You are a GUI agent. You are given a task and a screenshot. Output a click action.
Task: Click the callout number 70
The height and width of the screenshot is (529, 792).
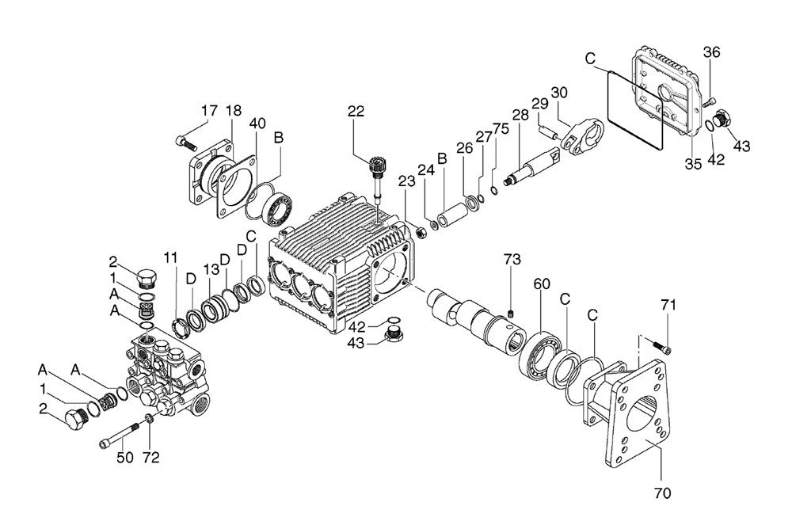click(x=662, y=493)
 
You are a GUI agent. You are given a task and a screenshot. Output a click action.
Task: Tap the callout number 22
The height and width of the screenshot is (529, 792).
click(x=356, y=111)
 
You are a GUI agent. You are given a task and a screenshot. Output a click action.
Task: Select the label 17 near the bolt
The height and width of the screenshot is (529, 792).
click(x=210, y=110)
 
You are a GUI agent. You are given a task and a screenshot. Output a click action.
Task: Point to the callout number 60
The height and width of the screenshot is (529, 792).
click(x=541, y=284)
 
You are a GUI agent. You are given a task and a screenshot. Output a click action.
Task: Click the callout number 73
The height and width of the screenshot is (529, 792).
click(x=512, y=259)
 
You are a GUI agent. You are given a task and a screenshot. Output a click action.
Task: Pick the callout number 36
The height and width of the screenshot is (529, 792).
click(x=712, y=52)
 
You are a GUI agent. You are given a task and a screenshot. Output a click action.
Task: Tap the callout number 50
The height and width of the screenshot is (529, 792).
click(x=125, y=457)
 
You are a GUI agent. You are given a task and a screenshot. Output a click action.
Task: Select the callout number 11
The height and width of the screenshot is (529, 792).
click(x=171, y=257)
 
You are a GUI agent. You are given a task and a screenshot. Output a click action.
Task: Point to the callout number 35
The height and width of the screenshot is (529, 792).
click(x=694, y=164)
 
